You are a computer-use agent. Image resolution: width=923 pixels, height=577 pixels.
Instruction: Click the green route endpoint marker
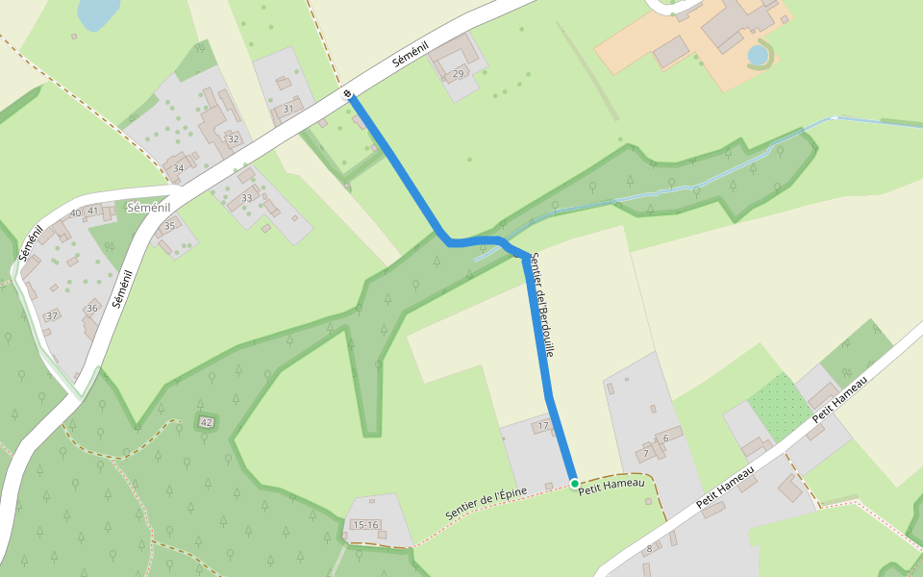pyautogui.click(x=574, y=483)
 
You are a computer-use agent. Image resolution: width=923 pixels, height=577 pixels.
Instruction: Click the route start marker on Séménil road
pyautogui.click(x=348, y=93)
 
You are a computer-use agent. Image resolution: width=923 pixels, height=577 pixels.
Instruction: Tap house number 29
pyautogui.click(x=458, y=74)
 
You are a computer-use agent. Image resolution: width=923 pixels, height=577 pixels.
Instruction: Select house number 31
pyautogui.click(x=287, y=109)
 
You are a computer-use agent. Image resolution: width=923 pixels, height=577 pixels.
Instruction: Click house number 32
pyautogui.click(x=233, y=138)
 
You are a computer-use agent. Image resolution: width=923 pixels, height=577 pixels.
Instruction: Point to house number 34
pyautogui.click(x=178, y=168)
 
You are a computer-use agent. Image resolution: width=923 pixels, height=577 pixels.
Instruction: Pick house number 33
pyautogui.click(x=247, y=198)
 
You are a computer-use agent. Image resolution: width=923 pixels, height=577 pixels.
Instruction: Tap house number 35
pyautogui.click(x=170, y=226)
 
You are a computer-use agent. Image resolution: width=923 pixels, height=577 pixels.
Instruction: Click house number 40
pyautogui.click(x=75, y=213)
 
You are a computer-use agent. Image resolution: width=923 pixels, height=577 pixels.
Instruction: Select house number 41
pyautogui.click(x=93, y=210)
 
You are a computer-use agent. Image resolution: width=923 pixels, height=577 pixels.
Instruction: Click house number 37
pyautogui.click(x=52, y=315)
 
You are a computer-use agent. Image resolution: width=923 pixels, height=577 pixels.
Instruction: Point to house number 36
pyautogui.click(x=92, y=308)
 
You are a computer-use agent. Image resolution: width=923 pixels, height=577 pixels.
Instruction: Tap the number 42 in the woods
pyautogui.click(x=206, y=422)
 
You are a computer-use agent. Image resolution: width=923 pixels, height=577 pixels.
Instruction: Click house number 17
pyautogui.click(x=543, y=426)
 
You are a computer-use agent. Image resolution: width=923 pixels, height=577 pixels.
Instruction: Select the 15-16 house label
pyautogui.click(x=365, y=525)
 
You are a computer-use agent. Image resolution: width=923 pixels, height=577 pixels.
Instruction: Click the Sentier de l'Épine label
pyautogui.click(x=486, y=505)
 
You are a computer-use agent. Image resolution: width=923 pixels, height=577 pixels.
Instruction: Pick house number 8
pyautogui.click(x=649, y=549)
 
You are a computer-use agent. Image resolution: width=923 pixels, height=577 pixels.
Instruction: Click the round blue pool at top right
pyautogui.click(x=759, y=55)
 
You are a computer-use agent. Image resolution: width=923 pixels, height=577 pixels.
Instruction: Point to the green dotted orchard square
pyautogui.click(x=780, y=403)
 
